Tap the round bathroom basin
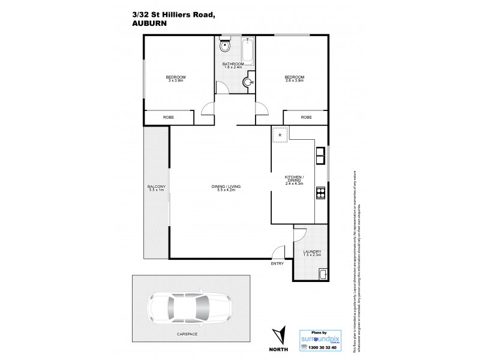pos(250,83)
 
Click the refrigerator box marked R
pos(280,135)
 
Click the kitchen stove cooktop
pos(320,193)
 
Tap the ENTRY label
pos(277,263)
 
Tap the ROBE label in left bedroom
pos(169,118)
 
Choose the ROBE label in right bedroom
pos(306,118)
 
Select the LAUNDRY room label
pos(312,251)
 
